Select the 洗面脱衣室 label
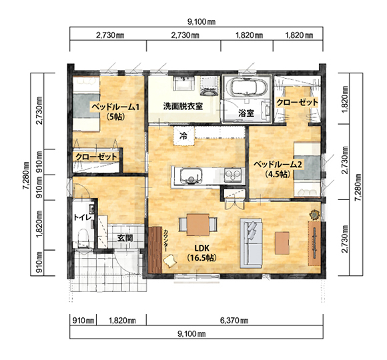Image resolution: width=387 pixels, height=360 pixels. point(183,106)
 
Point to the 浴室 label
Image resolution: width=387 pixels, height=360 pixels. point(246,113)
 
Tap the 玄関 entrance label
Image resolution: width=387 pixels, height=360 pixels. point(125,238)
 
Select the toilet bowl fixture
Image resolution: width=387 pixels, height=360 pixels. point(83,239)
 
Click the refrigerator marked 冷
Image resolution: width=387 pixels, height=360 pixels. point(183,135)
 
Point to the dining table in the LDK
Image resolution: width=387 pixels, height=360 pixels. point(198,225)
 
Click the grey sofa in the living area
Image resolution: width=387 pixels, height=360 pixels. point(251,243)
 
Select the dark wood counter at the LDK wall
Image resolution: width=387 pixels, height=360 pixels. point(155,249)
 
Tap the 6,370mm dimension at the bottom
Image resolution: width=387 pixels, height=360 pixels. point(234,321)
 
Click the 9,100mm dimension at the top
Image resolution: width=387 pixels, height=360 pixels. point(202,22)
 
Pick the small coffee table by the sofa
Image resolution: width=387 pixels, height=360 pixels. point(282,243)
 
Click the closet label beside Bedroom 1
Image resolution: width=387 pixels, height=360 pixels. point(96,157)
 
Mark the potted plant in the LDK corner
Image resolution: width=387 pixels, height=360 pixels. point(314,215)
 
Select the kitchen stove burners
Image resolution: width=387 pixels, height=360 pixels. point(232,175)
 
